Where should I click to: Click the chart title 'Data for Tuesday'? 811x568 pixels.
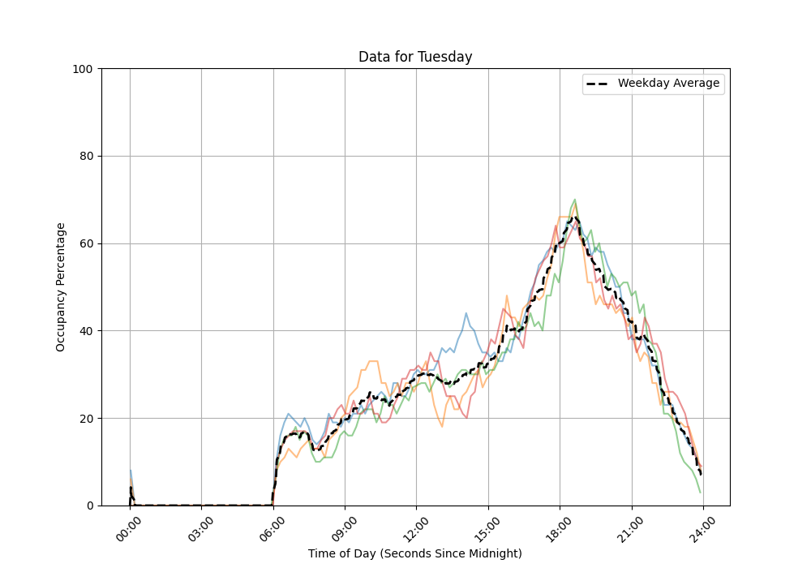(x=415, y=57)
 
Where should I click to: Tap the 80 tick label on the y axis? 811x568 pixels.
(x=87, y=157)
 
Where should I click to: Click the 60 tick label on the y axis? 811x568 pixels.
(x=87, y=244)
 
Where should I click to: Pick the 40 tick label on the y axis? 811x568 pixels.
(x=87, y=331)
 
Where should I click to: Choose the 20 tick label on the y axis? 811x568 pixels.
(x=87, y=419)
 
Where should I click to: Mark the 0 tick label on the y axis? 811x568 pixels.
(x=90, y=506)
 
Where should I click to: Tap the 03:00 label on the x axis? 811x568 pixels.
(x=201, y=527)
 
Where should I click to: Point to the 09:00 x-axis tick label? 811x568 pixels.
(x=345, y=527)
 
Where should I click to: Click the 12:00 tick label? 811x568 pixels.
(x=417, y=527)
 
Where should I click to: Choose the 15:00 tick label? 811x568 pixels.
(x=488, y=527)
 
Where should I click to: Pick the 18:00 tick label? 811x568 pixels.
(x=560, y=527)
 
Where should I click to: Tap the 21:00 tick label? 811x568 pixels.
(x=632, y=527)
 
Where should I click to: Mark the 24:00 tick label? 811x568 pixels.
(x=703, y=527)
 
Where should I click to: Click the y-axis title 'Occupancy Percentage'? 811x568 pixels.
(x=61, y=286)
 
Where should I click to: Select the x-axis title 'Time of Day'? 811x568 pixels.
(x=415, y=553)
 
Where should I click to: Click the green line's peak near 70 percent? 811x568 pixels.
(x=575, y=200)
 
